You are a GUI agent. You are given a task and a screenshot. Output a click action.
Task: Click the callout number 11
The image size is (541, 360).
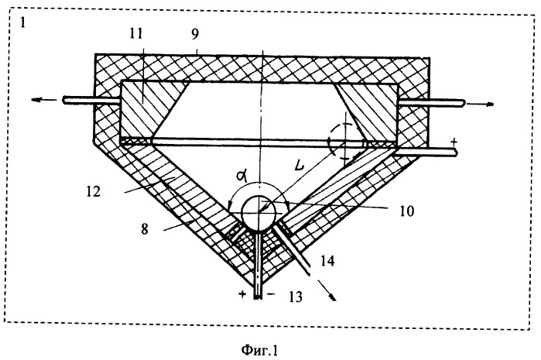click(136, 33)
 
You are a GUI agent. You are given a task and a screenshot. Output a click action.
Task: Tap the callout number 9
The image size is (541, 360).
click(195, 33)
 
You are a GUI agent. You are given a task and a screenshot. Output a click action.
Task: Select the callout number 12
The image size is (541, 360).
click(93, 191)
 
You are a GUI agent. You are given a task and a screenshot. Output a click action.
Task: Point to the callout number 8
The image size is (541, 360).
click(145, 228)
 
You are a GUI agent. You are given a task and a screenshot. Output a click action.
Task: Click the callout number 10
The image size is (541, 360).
click(407, 211)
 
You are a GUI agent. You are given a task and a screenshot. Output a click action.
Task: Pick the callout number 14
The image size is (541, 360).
click(327, 261)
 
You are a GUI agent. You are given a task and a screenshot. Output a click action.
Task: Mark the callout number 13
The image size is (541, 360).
click(296, 297)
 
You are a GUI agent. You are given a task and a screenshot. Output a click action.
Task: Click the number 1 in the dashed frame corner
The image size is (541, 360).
click(22, 22)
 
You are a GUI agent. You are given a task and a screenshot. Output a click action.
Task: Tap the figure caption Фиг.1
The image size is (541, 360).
click(259, 350)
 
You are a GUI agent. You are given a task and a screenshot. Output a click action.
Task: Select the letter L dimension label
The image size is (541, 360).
click(299, 165)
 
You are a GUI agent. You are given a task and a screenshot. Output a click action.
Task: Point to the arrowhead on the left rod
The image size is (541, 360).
click(37, 100)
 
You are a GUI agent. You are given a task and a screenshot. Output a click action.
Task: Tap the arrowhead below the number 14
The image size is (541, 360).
click(333, 297)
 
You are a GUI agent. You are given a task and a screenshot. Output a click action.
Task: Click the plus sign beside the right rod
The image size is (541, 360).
click(454, 142)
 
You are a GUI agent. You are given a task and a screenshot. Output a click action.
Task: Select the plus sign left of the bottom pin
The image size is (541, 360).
click(242, 294)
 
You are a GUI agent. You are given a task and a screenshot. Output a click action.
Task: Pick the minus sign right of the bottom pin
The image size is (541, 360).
click(271, 294)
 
